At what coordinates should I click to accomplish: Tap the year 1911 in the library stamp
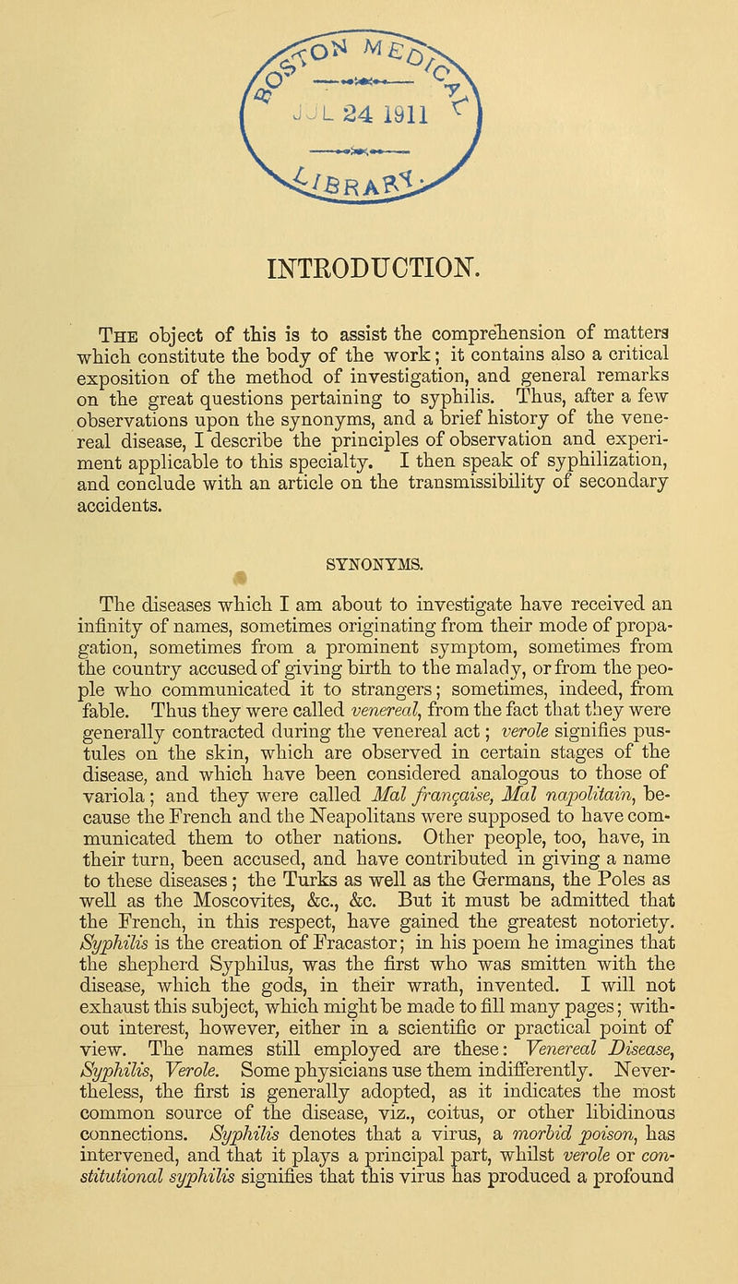coord(423,117)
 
